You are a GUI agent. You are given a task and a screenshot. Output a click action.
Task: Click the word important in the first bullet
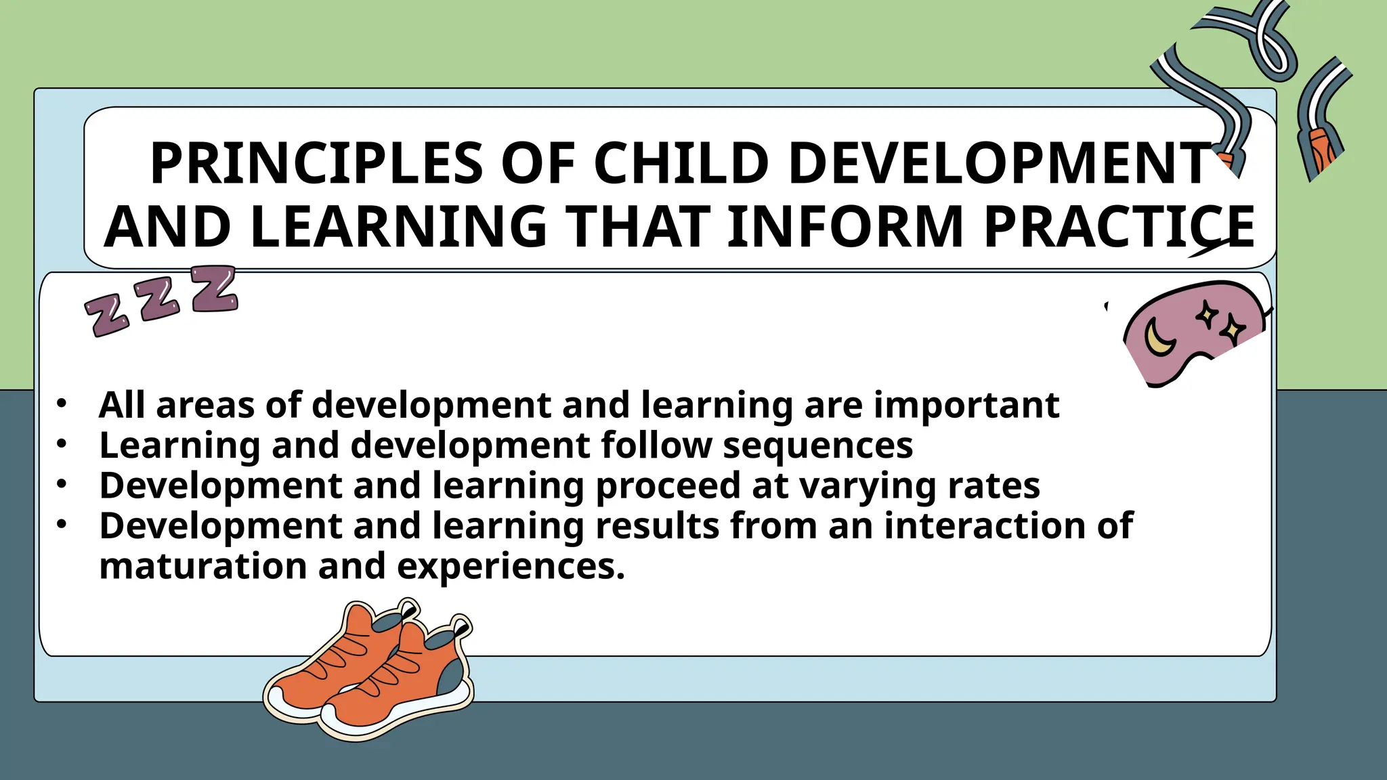[x=966, y=405]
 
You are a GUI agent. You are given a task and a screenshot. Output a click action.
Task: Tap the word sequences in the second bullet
[x=818, y=446]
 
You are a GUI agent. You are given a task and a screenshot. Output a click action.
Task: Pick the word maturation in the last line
[x=202, y=566]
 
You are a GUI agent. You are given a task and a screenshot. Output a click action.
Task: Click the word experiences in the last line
[x=511, y=567]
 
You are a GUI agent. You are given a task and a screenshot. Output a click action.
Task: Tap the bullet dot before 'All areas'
[x=62, y=404]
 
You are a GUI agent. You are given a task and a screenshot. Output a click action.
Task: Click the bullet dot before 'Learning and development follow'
[x=62, y=444]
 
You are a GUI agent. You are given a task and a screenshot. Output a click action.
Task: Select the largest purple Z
[x=214, y=288]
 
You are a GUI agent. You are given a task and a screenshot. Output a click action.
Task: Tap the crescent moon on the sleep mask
[x=1159, y=337]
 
